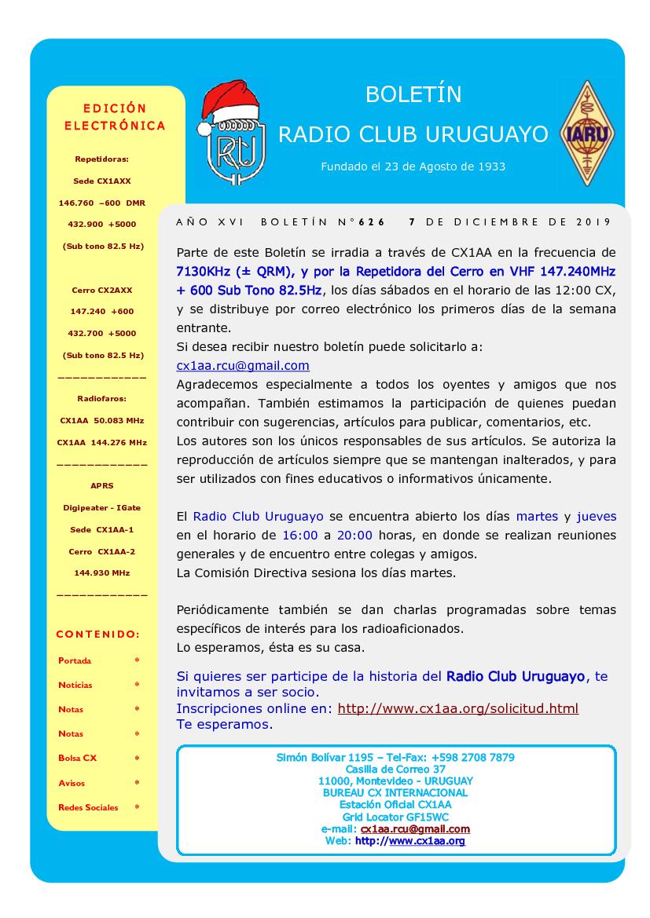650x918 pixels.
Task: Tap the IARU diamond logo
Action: coord(584,133)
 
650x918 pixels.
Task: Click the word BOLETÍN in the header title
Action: coord(413,95)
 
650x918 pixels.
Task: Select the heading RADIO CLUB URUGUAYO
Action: coord(413,134)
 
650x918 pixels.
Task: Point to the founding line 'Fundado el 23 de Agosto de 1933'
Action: coord(413,166)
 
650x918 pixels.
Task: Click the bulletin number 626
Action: coord(372,222)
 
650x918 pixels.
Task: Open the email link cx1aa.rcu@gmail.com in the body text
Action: coord(243,366)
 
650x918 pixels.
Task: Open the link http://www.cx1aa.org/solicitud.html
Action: coord(457,708)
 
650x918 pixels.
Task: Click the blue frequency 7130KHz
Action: coord(209,271)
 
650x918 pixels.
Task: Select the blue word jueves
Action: coord(596,517)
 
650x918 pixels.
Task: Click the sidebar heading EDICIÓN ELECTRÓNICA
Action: coord(115,116)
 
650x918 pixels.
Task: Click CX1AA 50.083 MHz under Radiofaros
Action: coord(101,420)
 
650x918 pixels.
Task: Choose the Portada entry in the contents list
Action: coord(75,660)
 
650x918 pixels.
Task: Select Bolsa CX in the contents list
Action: coord(78,758)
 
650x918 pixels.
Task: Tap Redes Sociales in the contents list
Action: coord(88,807)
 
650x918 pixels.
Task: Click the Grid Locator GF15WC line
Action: coord(395,817)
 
